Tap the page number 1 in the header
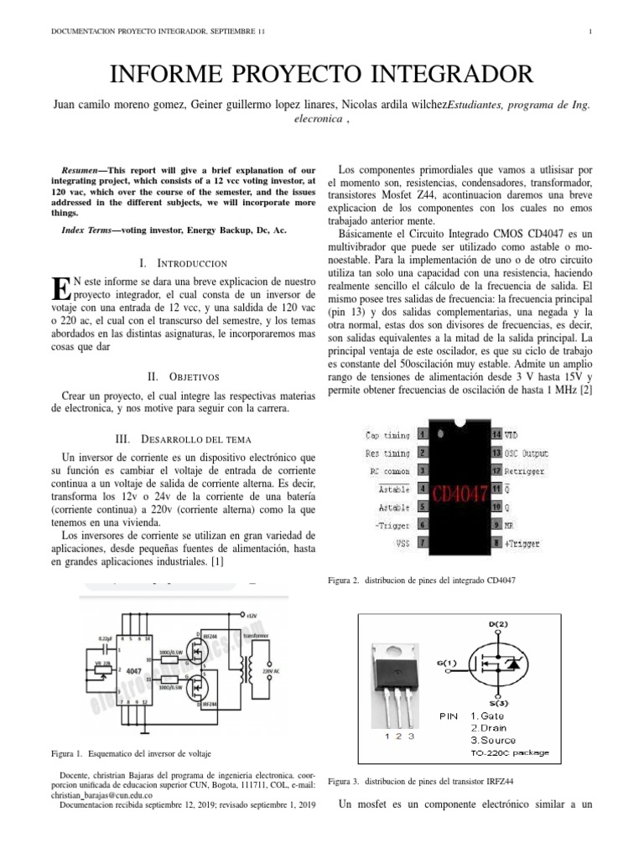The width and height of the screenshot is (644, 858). (x=591, y=33)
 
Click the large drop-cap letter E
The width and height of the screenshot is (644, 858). (x=60, y=288)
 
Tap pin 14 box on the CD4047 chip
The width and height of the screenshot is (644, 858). (x=496, y=435)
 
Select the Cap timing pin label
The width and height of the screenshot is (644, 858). (x=387, y=435)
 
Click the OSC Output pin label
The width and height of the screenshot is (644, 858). (x=527, y=453)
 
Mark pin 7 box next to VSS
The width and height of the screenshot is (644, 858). (x=423, y=543)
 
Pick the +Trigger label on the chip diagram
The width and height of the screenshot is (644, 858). (x=523, y=543)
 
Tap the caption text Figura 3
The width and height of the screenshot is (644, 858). (x=344, y=781)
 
